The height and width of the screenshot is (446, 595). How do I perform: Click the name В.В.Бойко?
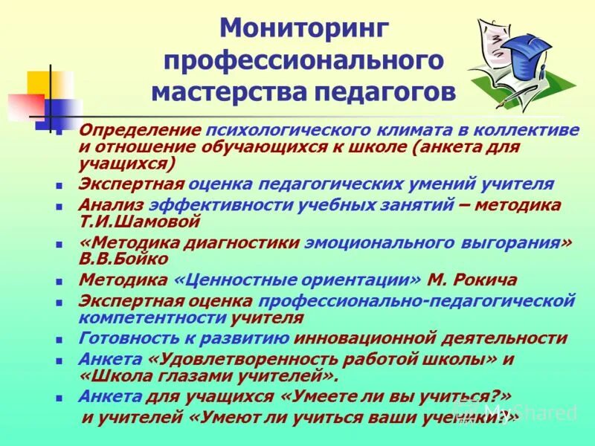(123, 259)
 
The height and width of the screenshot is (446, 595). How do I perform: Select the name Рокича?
(484, 280)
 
